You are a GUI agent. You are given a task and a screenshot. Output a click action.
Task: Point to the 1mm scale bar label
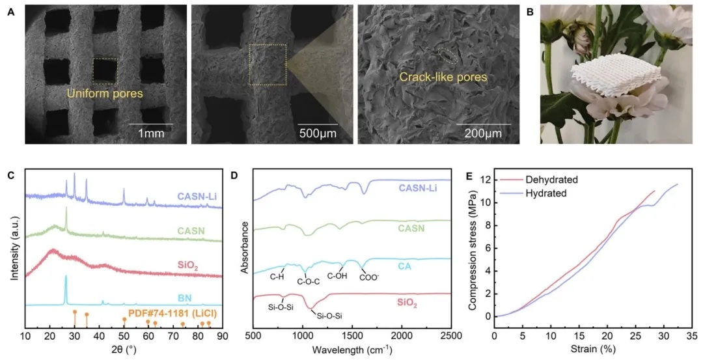pos(150,133)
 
